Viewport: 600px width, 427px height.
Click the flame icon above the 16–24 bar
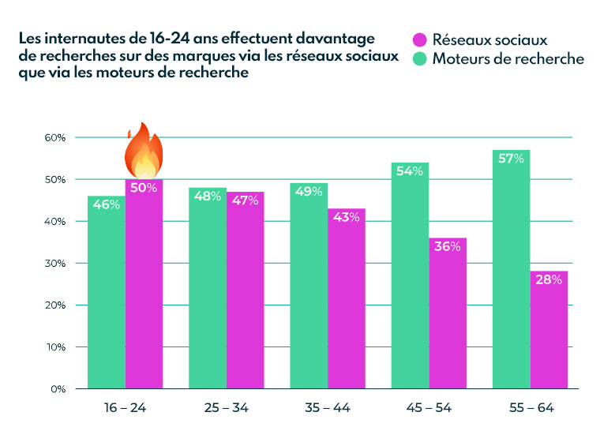point(144,150)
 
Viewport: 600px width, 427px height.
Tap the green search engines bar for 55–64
point(511,276)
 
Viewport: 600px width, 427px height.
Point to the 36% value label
point(448,247)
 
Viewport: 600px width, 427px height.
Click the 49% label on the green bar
point(309,193)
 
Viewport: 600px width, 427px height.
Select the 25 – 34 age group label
point(227,409)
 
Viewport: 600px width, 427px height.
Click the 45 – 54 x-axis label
point(429,409)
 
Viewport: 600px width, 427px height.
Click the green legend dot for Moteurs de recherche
point(420,58)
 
